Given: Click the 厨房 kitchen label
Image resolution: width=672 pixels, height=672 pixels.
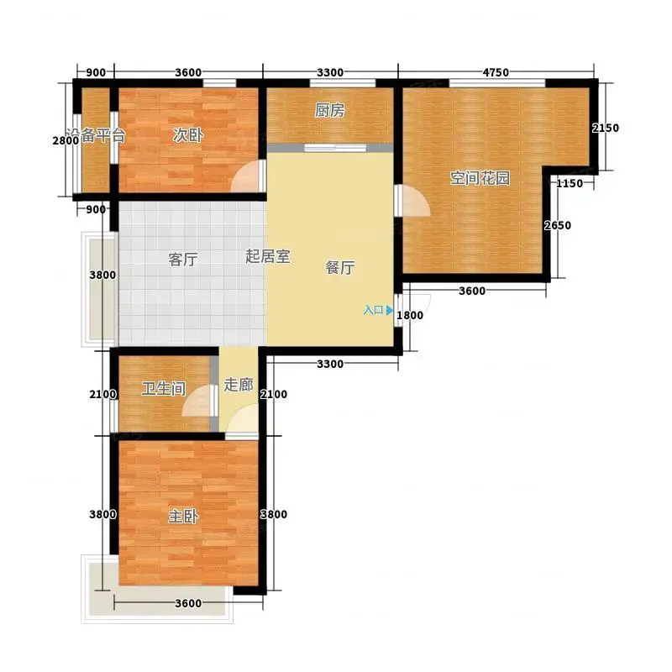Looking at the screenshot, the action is [329, 111].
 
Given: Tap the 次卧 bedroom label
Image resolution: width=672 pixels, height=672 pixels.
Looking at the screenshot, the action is [187, 135].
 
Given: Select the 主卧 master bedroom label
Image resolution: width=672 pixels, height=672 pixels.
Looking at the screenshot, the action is [183, 516].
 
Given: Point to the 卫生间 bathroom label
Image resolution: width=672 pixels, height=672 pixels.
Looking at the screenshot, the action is [164, 389].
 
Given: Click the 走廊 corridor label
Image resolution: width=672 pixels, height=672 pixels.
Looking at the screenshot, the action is [239, 385].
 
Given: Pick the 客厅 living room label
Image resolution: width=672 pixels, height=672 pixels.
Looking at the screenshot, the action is [183, 260].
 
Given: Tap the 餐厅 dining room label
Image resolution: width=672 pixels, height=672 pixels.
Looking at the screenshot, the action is [340, 267].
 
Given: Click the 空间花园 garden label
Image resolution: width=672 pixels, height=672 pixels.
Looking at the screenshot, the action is [480, 178].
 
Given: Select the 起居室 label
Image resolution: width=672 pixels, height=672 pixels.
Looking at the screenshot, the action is [268, 256].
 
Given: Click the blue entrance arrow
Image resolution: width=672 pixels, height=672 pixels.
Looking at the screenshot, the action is [389, 310].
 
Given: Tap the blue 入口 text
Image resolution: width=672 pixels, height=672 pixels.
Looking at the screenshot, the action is [373, 310].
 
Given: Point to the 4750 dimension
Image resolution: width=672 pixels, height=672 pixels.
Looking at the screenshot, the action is [496, 72].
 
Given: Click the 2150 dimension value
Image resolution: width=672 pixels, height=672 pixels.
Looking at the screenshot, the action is [605, 128].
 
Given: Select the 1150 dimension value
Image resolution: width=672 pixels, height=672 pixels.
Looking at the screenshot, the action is [570, 183].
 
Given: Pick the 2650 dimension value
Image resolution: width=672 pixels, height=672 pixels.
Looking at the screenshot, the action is [558, 225].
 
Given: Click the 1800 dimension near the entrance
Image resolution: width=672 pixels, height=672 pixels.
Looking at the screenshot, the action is [410, 315].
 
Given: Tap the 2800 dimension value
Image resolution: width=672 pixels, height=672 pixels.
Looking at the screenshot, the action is [66, 140].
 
